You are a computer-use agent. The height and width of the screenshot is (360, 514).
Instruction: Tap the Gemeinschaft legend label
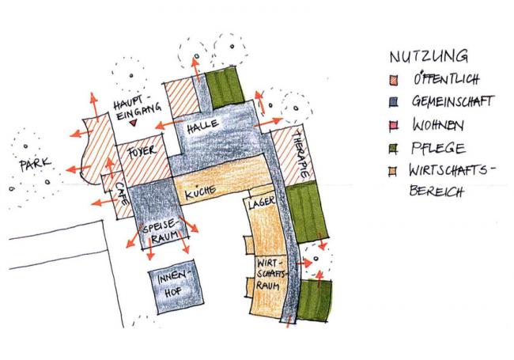pyautogui.click(x=452, y=102)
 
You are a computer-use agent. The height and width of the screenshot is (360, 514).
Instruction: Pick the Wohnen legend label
pyautogui.click(x=437, y=125)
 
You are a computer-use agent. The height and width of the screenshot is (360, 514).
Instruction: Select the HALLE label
pyautogui.click(x=203, y=127)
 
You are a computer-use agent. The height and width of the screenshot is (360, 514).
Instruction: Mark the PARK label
pyautogui.click(x=35, y=165)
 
